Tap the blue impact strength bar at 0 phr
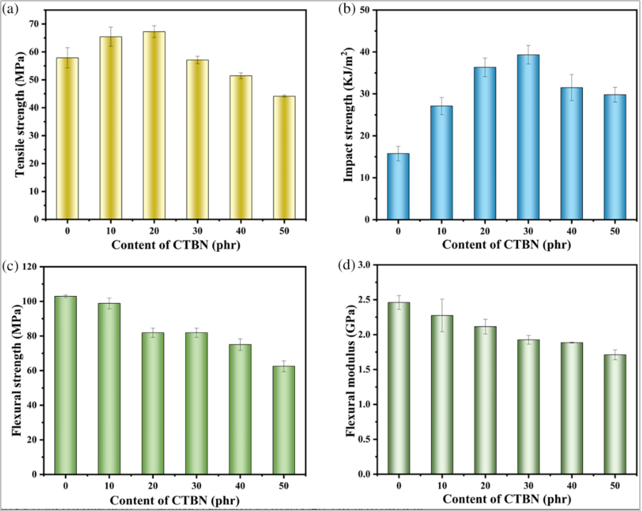click(x=398, y=186)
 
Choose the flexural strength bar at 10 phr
click(x=109, y=389)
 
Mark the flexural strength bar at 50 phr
click(x=284, y=420)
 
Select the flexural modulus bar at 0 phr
click(x=398, y=388)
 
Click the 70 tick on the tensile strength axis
click(x=33, y=24)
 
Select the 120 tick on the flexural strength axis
click(x=31, y=266)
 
